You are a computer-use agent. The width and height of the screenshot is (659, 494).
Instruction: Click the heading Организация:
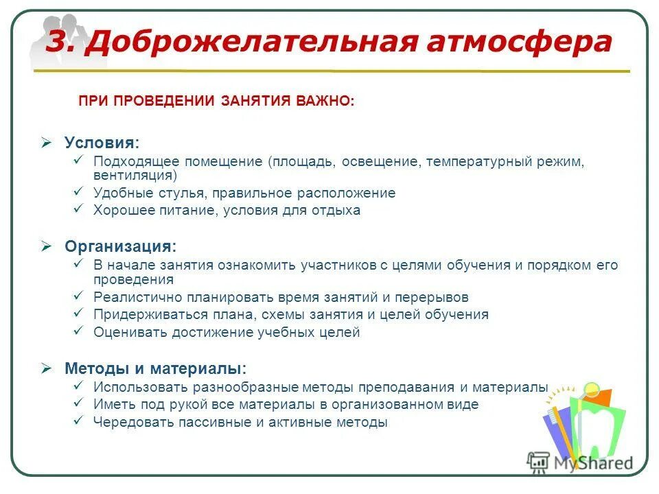coord(120,246)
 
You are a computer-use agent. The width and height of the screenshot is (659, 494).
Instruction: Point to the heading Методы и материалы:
coord(155,368)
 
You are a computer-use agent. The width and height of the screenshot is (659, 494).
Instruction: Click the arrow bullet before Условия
coord(47,142)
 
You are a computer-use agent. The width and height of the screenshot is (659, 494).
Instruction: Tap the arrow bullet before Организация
coord(47,246)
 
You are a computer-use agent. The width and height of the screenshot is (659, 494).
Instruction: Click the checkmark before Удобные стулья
coord(78,192)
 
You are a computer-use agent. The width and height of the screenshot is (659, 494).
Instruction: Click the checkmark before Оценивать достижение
coord(78,331)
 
